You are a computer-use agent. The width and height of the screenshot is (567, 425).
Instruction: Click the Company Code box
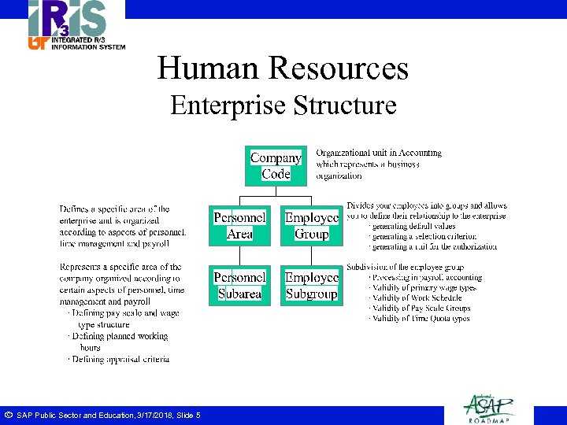(275, 165)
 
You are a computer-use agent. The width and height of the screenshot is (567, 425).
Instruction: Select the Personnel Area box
(239, 225)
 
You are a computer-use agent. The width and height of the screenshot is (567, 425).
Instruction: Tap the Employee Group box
(312, 225)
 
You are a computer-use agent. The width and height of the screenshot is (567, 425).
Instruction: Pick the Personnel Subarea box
(239, 285)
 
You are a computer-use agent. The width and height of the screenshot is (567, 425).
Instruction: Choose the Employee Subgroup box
(312, 285)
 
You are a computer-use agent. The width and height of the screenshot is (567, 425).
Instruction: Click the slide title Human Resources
(283, 68)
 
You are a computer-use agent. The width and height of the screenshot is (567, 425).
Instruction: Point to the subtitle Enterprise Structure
(283, 105)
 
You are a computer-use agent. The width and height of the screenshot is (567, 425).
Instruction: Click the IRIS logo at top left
(66, 20)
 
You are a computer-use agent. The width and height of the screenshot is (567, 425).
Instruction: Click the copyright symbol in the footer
(8, 415)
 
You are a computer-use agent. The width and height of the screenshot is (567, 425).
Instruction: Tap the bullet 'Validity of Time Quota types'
(421, 318)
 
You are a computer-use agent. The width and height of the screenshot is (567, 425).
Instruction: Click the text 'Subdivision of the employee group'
(416, 268)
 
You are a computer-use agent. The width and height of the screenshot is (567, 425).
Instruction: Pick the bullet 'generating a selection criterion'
(424, 236)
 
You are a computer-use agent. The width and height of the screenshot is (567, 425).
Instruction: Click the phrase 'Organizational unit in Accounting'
(379, 153)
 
